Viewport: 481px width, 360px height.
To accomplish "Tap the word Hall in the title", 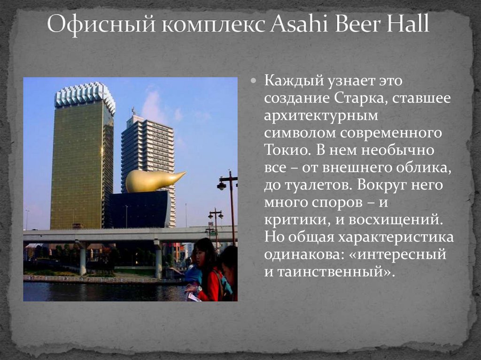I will (x=407, y=25).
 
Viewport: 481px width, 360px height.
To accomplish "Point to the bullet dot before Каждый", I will (x=253, y=80).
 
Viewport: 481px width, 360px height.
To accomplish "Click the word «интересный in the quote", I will (x=402, y=254).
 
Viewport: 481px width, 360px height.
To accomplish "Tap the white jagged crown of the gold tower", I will (x=85, y=94).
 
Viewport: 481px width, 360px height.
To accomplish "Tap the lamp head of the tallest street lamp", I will (x=222, y=186).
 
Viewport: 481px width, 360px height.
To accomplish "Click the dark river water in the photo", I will (x=94, y=292).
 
